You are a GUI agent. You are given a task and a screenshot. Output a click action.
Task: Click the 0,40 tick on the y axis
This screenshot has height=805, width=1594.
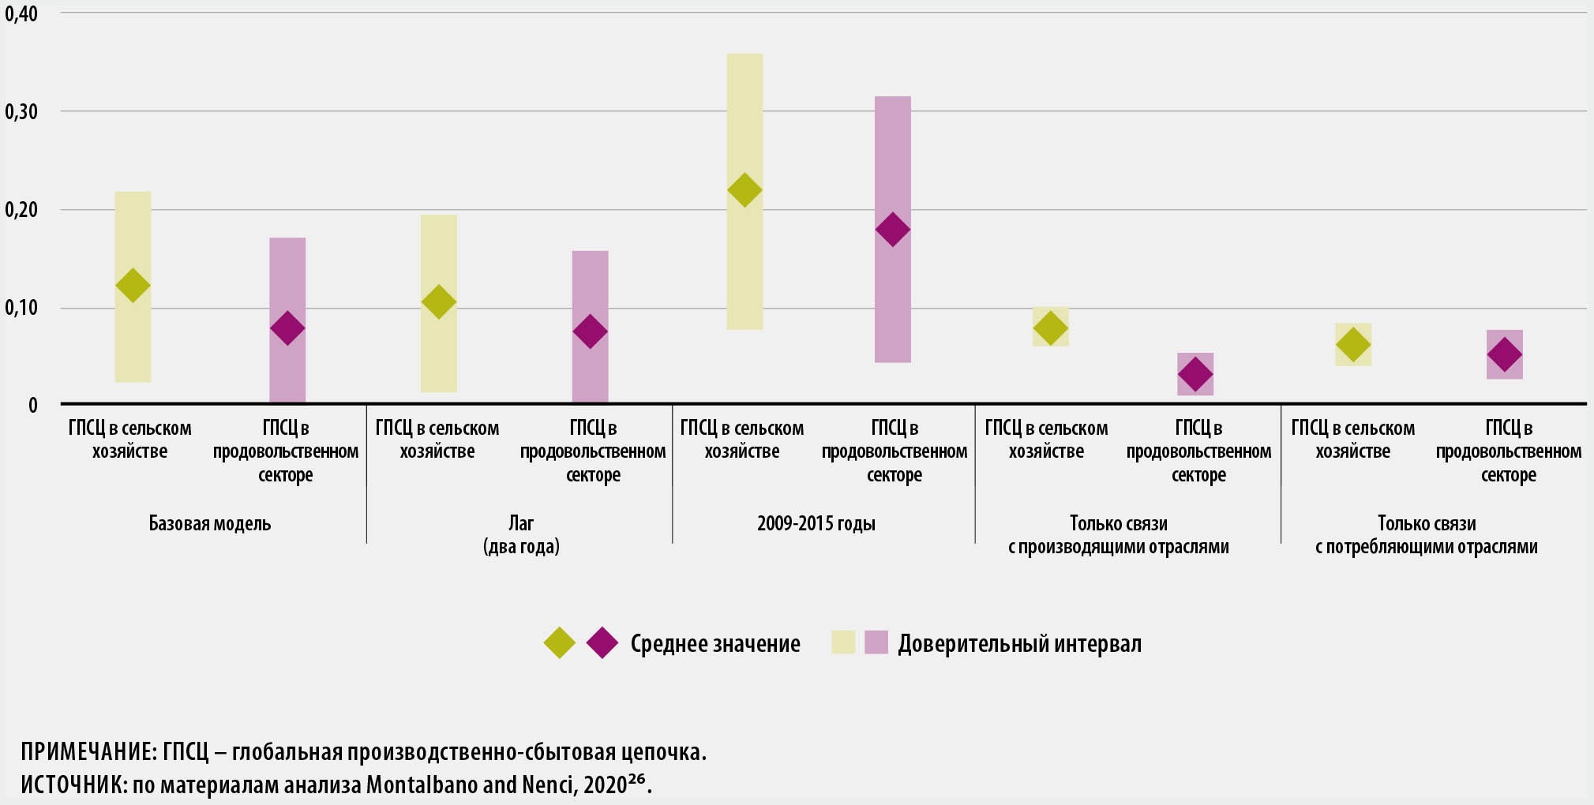[x=21, y=13]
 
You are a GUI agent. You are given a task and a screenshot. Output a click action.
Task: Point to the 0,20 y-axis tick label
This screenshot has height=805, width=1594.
[x=21, y=209]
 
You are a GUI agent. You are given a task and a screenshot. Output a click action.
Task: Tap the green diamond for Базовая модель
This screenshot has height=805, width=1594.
[x=133, y=285]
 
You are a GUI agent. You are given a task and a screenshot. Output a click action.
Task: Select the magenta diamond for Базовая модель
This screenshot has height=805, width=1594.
[x=287, y=328]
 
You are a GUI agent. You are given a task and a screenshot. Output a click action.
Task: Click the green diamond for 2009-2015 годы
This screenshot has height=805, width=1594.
[x=744, y=189]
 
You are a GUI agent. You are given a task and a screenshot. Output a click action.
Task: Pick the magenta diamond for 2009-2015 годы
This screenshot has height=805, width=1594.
[x=893, y=230]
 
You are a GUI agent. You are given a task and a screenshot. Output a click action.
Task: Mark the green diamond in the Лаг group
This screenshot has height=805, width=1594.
[x=439, y=301]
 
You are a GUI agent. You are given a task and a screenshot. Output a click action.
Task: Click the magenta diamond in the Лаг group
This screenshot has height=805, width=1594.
[x=590, y=331]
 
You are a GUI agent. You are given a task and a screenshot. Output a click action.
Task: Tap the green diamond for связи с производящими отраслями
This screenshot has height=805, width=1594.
[x=1050, y=328]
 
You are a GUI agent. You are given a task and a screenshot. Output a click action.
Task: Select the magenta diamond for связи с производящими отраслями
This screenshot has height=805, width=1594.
[x=1195, y=374]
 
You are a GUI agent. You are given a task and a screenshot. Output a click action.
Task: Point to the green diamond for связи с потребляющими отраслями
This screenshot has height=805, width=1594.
[x=1353, y=345]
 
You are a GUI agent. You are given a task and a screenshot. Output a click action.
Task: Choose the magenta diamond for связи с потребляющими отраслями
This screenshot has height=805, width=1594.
[x=1505, y=354]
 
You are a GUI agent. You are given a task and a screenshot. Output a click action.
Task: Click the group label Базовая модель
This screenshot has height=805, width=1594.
[x=210, y=523]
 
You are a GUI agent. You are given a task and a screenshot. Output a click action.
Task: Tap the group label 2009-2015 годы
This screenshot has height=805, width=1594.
[x=816, y=523]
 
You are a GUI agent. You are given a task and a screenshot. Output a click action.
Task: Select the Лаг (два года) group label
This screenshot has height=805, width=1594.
[x=521, y=534]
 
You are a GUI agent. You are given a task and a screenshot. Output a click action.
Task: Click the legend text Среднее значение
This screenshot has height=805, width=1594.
[x=715, y=644]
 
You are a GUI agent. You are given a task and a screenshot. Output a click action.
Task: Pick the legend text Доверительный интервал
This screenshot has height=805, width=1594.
[x=1019, y=644]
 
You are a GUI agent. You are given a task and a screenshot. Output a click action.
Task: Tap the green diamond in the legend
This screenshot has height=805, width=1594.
[x=560, y=642]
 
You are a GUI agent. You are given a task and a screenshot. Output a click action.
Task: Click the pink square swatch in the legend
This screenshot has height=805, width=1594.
[x=876, y=642]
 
